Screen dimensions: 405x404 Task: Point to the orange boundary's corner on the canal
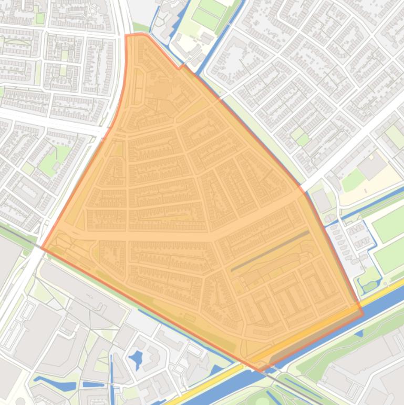coord(362,314)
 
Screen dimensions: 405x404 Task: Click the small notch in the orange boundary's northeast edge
coord(181,67)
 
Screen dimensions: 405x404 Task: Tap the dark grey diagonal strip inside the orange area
coord(270,251)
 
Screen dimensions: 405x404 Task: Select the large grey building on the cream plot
coord(372,165)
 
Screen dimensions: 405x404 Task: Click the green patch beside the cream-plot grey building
coord(353,180)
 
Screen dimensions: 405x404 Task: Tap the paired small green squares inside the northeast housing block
coord(300,136)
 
